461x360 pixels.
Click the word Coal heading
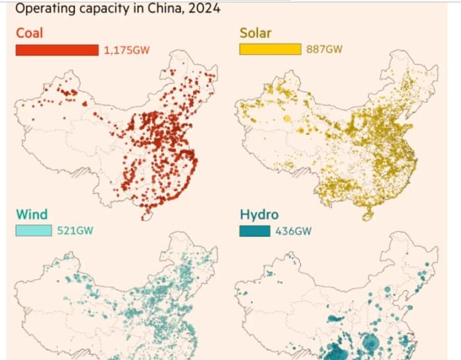click(x=30, y=33)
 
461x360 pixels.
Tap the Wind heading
click(x=32, y=215)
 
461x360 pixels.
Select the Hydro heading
click(x=258, y=215)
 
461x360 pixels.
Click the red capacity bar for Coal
click(x=57, y=50)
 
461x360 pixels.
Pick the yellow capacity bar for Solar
click(x=270, y=49)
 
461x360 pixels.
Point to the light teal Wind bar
click(x=34, y=230)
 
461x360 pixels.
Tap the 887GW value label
click(x=325, y=49)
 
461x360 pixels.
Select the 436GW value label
click(x=293, y=230)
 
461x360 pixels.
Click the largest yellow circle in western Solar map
click(x=287, y=118)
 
